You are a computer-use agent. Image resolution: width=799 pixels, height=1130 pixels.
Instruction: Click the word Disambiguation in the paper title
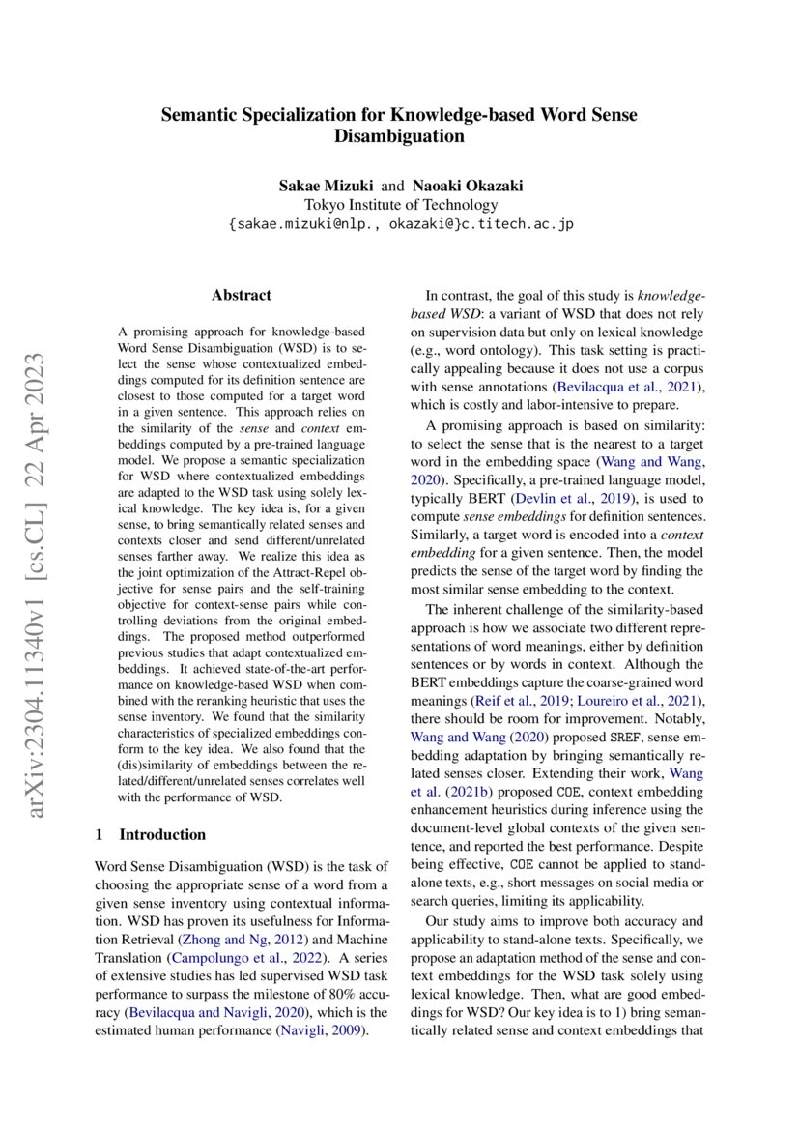pos(399,137)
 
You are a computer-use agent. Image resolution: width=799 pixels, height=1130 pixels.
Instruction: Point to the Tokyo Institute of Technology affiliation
pos(400,204)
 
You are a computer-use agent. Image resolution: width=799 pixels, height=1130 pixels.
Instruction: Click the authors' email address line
pos(400,223)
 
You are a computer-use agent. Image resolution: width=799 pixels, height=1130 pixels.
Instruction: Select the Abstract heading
pos(242,295)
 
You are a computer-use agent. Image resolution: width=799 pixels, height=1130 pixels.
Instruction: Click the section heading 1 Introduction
pos(151,834)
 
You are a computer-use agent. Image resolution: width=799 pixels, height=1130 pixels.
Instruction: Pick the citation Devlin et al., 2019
pos(585,498)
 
